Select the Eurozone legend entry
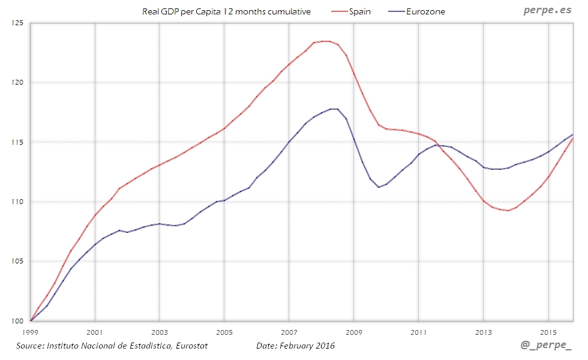click(425, 11)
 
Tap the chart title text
click(226, 11)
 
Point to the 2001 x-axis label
click(94, 332)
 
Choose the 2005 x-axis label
click(224, 332)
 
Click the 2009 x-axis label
click(353, 332)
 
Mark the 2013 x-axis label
click(483, 332)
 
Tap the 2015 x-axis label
click(548, 332)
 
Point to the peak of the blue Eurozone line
click(334, 109)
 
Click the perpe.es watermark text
click(547, 11)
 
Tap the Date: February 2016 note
click(295, 346)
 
